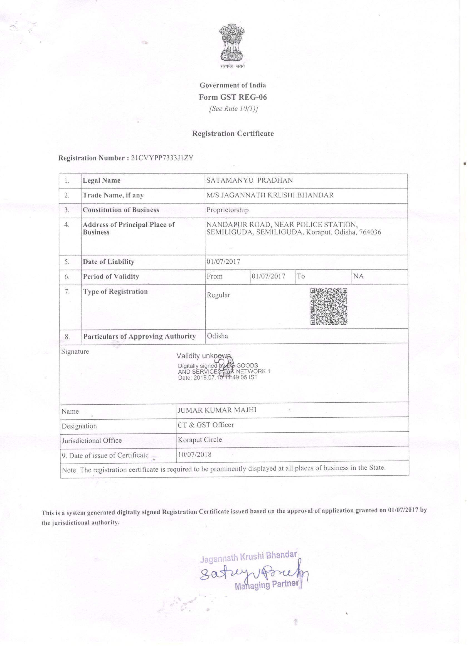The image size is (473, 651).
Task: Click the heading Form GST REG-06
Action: [233, 97]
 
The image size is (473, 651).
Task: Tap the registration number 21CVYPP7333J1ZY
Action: [162, 158]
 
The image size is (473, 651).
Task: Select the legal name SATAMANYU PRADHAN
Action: [250, 180]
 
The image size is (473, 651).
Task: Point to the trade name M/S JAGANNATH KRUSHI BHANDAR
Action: [270, 195]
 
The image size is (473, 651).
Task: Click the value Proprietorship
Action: [228, 210]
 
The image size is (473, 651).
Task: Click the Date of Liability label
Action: [109, 262]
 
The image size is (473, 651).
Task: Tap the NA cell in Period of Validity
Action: [358, 276]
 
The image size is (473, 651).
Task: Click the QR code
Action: [329, 306]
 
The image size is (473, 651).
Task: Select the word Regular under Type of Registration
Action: [219, 295]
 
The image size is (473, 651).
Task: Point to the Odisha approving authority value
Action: [217, 336]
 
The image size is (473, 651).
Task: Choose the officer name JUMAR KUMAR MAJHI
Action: [217, 410]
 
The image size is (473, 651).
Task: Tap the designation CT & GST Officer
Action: [206, 425]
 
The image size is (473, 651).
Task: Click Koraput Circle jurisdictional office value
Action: [200, 440]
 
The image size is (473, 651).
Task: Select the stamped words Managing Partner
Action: [267, 585]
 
